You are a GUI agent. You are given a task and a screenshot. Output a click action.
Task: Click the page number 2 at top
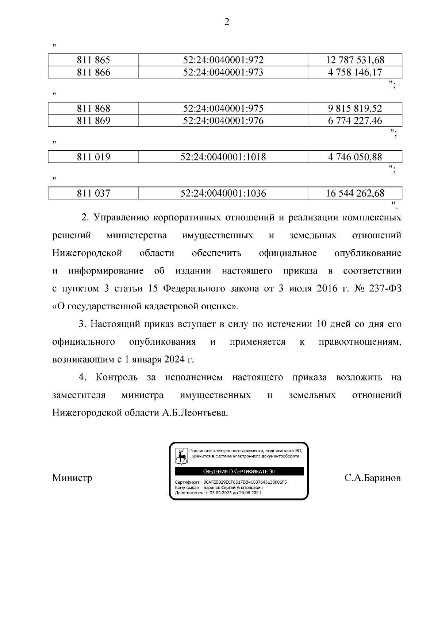coord(226,22)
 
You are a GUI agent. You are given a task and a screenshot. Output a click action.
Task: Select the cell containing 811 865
coord(93,60)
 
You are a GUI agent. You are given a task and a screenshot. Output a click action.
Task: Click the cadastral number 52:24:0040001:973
coord(223,72)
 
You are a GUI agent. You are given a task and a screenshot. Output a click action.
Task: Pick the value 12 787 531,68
coord(355,60)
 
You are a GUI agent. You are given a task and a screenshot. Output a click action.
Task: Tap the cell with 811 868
coord(93,109)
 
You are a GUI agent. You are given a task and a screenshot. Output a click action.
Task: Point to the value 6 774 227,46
coord(355,121)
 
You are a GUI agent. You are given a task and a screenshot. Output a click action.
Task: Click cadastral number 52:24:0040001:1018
coord(223,157)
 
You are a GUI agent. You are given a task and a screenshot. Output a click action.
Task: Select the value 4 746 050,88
coord(355,157)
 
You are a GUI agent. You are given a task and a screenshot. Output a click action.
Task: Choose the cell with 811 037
coord(93,193)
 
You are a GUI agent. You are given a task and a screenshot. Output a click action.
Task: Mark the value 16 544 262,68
coord(355,193)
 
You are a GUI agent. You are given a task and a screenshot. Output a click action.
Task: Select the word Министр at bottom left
coord(72,477)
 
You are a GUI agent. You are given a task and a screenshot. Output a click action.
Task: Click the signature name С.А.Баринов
coord(372,477)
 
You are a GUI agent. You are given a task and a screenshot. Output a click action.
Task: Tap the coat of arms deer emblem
coord(181,456)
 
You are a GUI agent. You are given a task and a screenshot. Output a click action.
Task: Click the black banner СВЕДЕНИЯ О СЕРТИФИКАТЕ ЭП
coord(239,471)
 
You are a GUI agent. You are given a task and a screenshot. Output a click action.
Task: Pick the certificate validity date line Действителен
coord(218,492)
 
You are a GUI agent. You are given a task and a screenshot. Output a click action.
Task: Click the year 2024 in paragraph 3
coord(174,360)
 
